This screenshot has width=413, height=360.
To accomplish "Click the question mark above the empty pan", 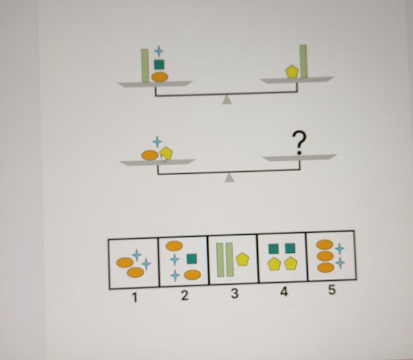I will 299,142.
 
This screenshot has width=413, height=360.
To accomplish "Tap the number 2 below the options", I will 184,296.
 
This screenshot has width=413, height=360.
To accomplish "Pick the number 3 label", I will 234,293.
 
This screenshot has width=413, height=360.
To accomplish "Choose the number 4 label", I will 283,292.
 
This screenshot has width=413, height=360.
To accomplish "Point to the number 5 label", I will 332,290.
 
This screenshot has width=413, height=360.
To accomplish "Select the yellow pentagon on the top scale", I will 292,71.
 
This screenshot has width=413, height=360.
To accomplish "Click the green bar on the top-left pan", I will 145,66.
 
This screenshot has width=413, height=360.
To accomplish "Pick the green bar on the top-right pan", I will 303,62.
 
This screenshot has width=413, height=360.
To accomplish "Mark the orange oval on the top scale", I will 159,77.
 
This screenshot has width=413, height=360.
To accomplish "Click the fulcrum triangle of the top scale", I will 227,99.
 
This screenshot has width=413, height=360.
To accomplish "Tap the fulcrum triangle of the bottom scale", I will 229,178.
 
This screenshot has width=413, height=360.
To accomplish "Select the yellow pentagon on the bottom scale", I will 167,153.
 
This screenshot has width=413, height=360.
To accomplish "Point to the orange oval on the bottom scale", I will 150,155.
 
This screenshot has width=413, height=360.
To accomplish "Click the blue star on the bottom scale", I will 156,141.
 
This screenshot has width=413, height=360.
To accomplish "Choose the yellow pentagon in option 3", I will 242,259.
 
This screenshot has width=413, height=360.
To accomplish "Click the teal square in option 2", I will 191,259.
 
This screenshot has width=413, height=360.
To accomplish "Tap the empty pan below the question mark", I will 299,158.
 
